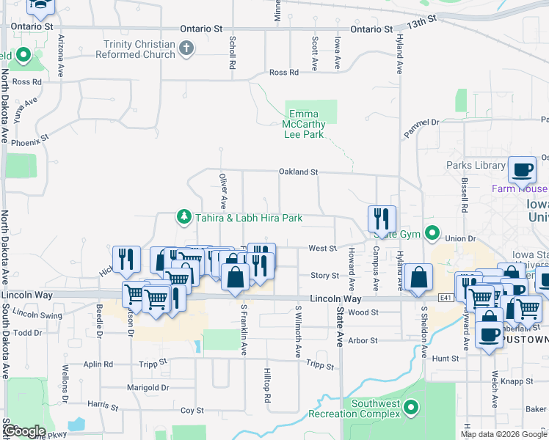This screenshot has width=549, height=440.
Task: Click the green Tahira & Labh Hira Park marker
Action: tap(183, 217)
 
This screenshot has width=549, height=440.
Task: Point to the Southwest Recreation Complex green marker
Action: tap(411, 406)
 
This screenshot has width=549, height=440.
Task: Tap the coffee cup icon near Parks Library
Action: tap(522, 169)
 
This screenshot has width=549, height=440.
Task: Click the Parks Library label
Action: tap(476, 165)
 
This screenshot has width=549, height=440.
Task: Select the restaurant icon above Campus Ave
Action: tap(382, 218)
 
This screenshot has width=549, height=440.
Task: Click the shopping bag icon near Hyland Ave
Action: tap(418, 277)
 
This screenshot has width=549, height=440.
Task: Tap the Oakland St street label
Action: tap(297, 172)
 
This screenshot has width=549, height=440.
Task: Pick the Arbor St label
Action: tap(363, 340)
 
